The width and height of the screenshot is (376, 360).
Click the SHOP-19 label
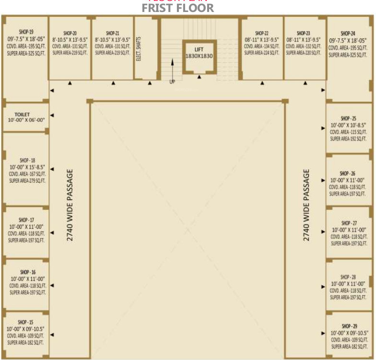coord(26,32)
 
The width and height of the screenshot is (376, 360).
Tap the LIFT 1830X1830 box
coord(199,53)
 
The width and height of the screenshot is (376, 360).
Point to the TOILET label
coord(22,114)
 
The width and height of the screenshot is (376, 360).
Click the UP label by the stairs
coord(172,81)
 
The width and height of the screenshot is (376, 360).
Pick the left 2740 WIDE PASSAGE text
coord(70,204)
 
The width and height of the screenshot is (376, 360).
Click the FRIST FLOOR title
coord(178,8)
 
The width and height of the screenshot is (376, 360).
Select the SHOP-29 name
coord(349,326)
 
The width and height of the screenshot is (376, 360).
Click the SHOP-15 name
coord(25,322)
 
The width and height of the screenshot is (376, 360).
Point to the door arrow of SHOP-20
coord(70,83)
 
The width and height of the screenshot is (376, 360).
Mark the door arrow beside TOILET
coord(52,115)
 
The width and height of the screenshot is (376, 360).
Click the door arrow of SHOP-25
coord(323,128)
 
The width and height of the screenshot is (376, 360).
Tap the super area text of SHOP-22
coord(261,53)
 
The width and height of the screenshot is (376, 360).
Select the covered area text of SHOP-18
coord(27,174)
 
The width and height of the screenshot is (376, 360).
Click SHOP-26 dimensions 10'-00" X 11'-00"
coord(348,180)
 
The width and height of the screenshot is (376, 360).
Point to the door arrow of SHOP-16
coord(52,285)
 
